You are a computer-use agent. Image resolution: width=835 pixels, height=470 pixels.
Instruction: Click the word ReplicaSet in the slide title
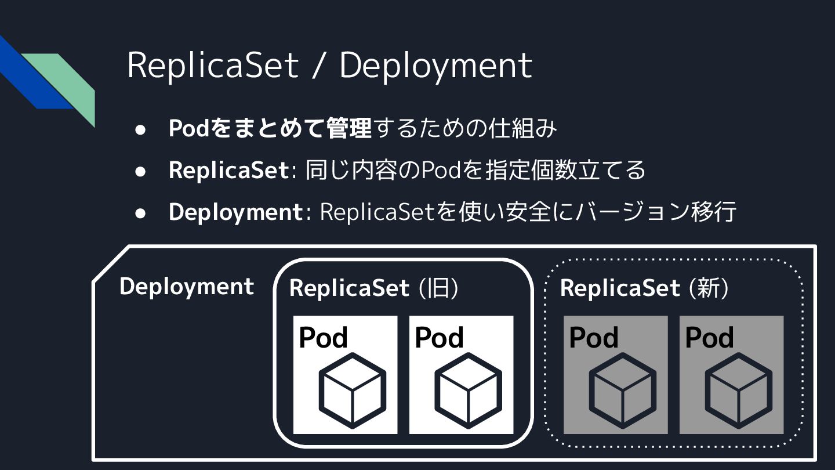[212, 65]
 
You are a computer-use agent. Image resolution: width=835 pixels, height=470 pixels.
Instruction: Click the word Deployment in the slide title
[435, 66]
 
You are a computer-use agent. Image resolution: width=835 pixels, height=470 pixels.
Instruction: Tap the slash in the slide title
[317, 66]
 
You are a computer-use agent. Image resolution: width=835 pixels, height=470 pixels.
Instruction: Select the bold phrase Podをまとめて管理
[270, 128]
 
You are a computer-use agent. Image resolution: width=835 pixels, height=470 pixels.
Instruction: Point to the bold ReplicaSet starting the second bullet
[228, 170]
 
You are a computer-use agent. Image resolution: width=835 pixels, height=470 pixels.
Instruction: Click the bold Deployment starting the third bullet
[235, 212]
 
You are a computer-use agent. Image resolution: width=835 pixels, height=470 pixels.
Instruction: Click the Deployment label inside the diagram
[187, 287]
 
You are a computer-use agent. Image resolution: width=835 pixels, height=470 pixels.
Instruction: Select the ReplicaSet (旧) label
[374, 288]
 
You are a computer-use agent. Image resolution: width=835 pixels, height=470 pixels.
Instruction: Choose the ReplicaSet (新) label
[644, 288]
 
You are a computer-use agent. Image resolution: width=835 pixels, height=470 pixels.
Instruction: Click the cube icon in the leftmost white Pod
[352, 391]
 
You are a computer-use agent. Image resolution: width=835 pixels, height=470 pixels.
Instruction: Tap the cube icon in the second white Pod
[468, 391]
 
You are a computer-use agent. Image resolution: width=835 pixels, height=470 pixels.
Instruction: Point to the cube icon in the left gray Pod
[623, 391]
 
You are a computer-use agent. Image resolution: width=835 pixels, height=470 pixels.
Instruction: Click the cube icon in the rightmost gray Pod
[739, 391]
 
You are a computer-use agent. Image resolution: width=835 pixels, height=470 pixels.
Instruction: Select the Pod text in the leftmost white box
[323, 338]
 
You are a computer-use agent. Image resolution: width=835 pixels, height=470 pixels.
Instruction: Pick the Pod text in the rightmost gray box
[709, 338]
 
